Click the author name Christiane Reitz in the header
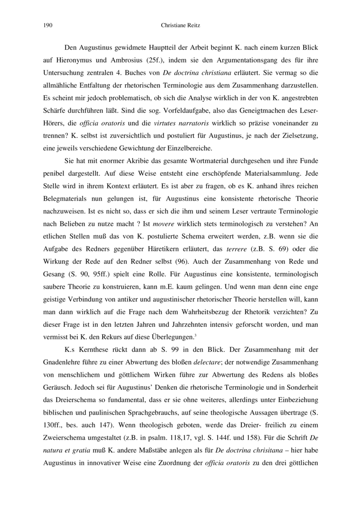click(x=180, y=26)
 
